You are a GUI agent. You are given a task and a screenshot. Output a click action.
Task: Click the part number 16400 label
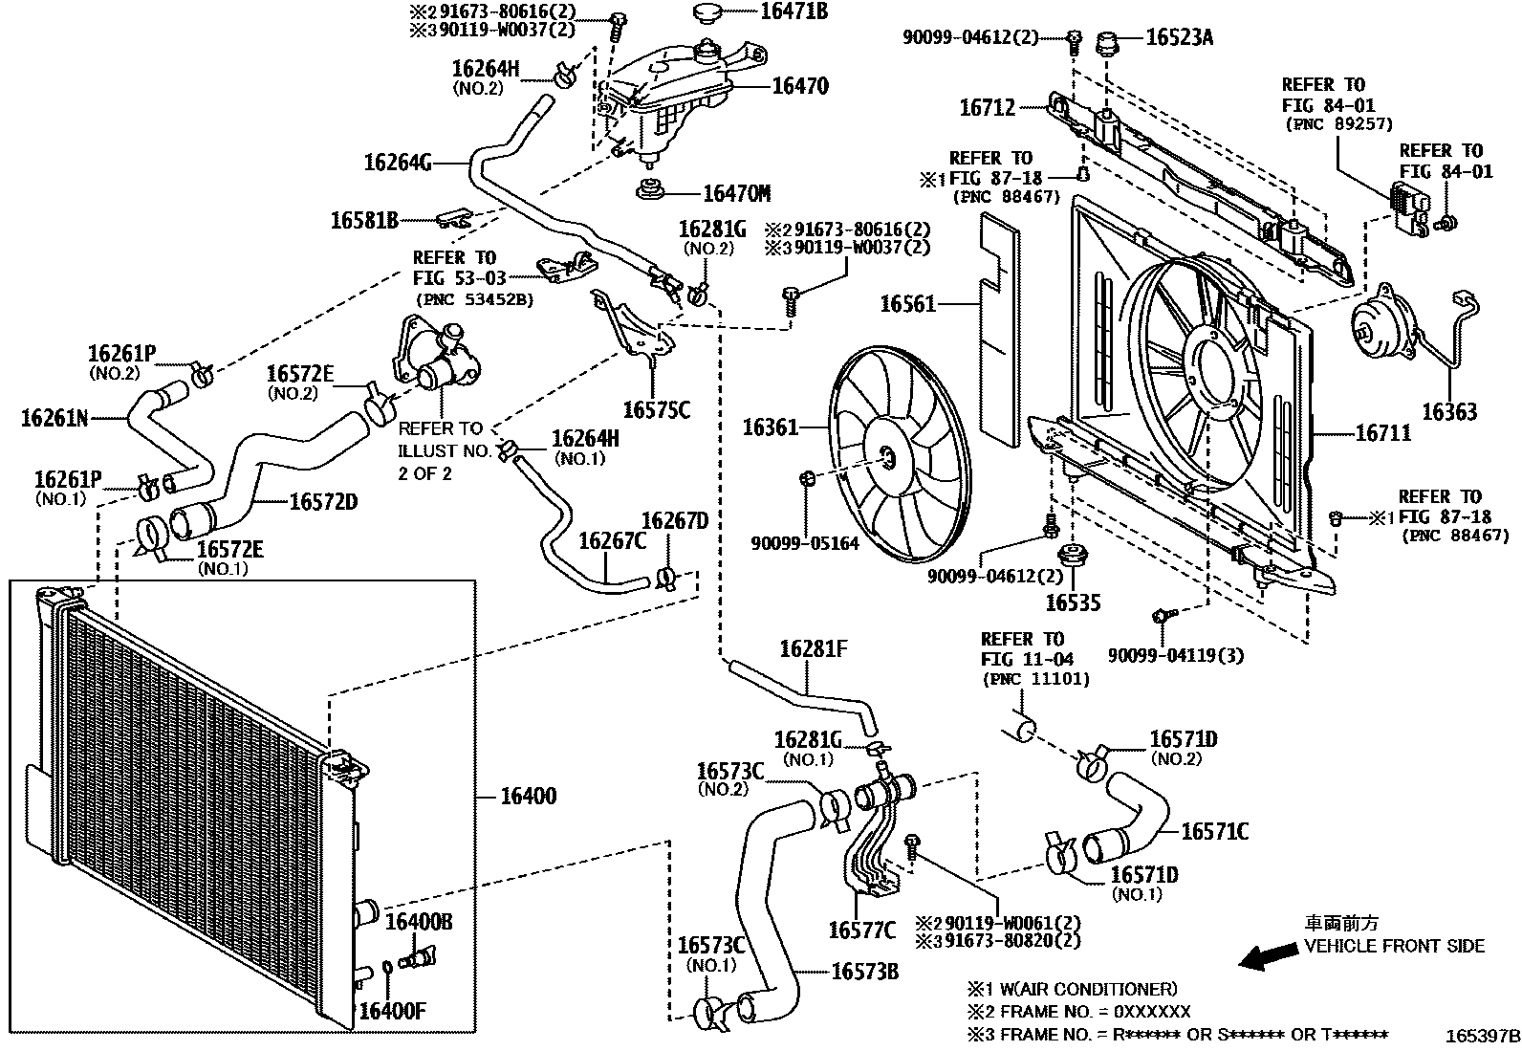click(x=528, y=797)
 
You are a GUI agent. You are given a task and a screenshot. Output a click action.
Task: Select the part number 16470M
click(x=736, y=194)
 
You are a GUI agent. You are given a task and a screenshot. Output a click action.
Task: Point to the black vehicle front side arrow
click(x=1264, y=955)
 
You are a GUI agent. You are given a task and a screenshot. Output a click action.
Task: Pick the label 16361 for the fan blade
click(x=770, y=427)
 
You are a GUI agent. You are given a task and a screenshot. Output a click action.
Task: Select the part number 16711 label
click(x=1382, y=433)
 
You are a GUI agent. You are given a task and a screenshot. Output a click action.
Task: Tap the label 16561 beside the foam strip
click(x=907, y=304)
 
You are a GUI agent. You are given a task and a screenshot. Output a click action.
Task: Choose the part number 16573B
click(x=864, y=972)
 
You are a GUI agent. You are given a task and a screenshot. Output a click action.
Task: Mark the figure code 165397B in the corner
click(x=1482, y=1036)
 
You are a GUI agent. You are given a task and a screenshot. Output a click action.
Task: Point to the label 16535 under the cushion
click(x=1073, y=602)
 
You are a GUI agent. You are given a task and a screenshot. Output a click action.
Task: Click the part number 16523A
click(x=1179, y=37)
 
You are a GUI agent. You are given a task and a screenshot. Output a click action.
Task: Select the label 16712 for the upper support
click(x=987, y=109)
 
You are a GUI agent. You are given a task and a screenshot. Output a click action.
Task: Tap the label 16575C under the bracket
click(x=656, y=411)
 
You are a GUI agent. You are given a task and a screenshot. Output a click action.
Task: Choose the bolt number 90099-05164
click(x=804, y=543)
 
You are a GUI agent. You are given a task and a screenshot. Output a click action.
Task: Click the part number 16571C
click(x=1214, y=831)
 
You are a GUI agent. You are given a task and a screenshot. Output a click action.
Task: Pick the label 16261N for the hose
click(x=54, y=417)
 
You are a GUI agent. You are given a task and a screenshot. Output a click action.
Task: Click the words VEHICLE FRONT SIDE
click(x=1395, y=946)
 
